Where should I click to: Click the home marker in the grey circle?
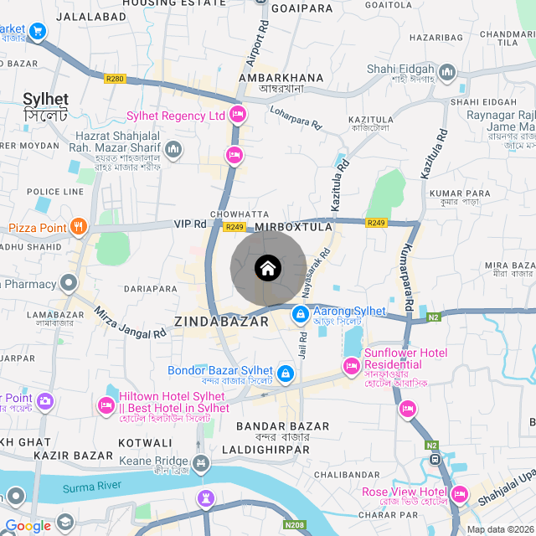point(267,268)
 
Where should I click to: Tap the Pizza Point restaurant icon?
point(78,225)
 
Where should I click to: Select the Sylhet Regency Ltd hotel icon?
point(238,114)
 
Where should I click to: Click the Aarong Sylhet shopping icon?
point(299,314)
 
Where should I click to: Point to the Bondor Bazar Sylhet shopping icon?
point(286,372)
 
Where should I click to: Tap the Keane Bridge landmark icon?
point(200,462)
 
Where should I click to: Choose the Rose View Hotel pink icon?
point(458,494)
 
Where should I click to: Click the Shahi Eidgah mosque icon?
point(446,72)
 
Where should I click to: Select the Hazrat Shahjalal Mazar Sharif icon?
point(173,150)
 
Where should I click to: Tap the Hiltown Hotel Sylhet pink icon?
point(106,405)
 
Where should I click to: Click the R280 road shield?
point(115,79)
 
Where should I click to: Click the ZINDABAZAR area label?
point(222,321)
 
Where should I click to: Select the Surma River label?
point(92,486)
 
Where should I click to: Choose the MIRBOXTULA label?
point(294,227)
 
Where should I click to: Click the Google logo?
point(28,526)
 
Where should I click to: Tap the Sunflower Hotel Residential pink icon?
point(352,366)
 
